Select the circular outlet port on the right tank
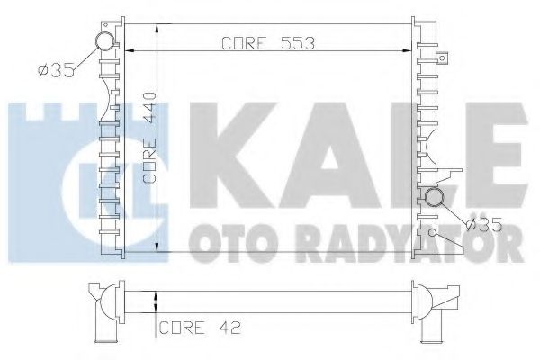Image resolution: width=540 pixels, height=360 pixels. coord(435,198)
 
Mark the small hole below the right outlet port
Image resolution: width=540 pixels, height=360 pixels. coord(433,233)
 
